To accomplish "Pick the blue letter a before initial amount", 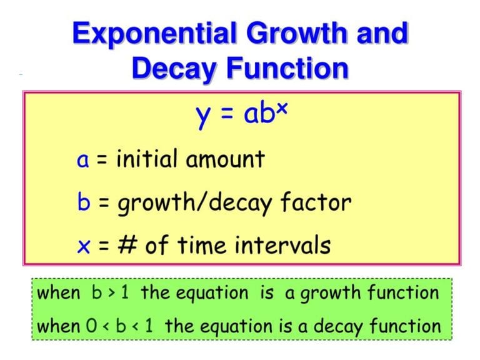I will point(83,161).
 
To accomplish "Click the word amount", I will point(225,160).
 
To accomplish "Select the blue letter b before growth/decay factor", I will point(83,201).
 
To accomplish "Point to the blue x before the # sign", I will point(83,246).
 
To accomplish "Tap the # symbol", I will point(128,245).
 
